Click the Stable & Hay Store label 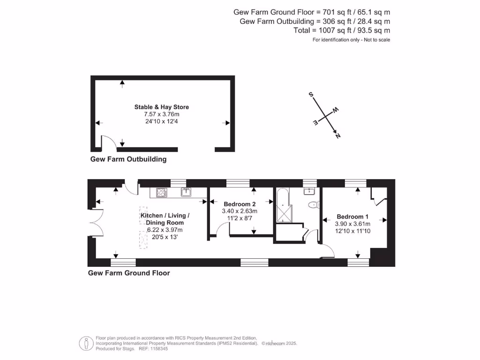(x=161, y=107)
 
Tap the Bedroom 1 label (x=352, y=217)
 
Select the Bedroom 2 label (x=240, y=204)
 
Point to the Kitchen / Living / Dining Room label (x=165, y=219)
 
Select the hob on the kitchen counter (x=162, y=192)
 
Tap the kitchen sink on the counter (x=186, y=192)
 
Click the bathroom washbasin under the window (x=309, y=191)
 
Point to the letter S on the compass (x=311, y=95)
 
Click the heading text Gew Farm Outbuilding (x=128, y=159)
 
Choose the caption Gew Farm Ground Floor (x=129, y=273)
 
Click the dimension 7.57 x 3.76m (x=161, y=115)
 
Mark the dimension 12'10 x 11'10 (x=352, y=231)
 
